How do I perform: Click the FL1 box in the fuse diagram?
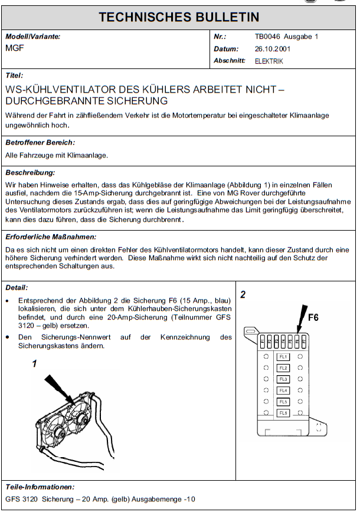283,357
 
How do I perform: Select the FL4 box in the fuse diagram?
283,390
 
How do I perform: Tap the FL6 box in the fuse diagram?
283,413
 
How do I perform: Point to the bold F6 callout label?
313,318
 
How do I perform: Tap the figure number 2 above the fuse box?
243,294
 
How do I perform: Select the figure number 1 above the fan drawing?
34,363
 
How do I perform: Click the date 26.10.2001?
273,49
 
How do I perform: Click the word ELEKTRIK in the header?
269,61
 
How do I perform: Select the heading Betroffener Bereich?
40,142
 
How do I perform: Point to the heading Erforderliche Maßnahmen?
50,237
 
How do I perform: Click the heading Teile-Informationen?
40,487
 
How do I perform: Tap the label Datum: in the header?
227,49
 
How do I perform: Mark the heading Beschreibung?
30,173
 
